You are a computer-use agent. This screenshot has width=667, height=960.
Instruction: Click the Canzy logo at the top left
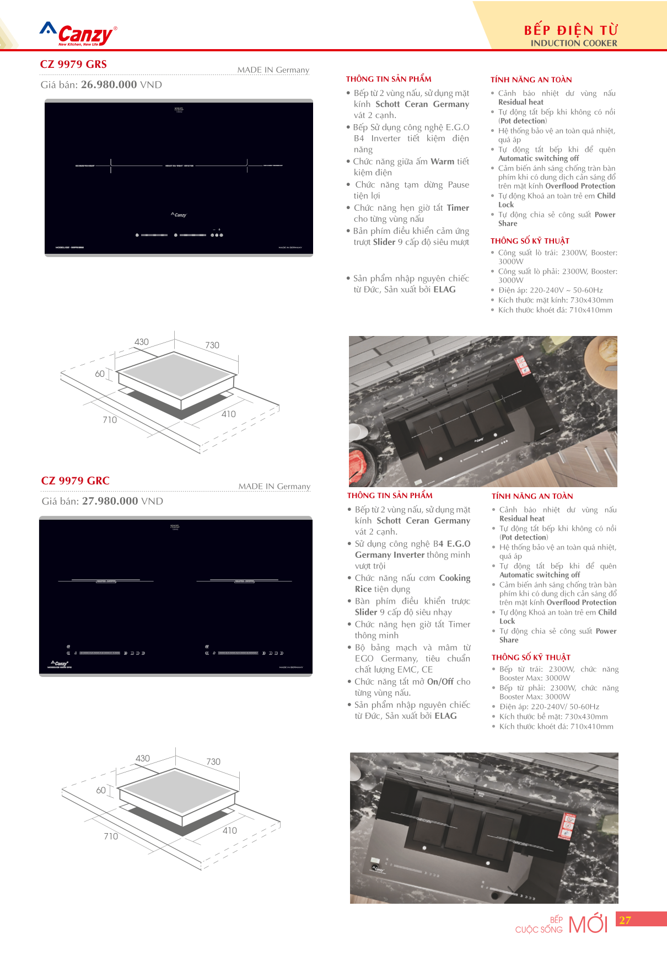(79, 35)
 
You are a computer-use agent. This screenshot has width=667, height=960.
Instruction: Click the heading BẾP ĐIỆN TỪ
(571, 30)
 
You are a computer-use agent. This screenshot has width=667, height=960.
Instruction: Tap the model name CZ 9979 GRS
(73, 64)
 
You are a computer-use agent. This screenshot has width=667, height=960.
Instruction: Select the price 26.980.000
(109, 84)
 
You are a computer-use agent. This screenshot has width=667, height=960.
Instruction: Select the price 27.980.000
(110, 501)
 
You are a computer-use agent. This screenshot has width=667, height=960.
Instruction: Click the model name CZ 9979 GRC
(75, 481)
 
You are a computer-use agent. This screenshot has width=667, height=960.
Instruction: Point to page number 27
(625, 920)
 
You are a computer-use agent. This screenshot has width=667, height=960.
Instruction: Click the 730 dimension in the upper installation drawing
(212, 345)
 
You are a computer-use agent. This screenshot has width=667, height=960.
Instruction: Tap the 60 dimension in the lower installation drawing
(101, 790)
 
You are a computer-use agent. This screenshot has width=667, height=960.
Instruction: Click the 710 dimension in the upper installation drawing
(110, 420)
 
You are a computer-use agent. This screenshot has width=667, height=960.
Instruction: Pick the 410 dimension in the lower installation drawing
(230, 830)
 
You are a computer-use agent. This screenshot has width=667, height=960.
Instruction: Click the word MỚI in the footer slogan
(588, 925)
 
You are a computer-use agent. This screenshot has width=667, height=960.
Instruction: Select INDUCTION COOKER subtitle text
(574, 43)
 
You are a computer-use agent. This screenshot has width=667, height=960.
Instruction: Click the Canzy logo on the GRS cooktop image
(179, 215)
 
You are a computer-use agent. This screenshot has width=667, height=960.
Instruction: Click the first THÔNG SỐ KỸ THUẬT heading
(530, 241)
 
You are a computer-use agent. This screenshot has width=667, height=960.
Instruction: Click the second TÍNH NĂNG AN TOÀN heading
(532, 496)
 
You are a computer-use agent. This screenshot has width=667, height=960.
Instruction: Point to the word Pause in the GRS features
(458, 184)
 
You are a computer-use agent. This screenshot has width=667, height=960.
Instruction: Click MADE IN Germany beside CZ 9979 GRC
(274, 486)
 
